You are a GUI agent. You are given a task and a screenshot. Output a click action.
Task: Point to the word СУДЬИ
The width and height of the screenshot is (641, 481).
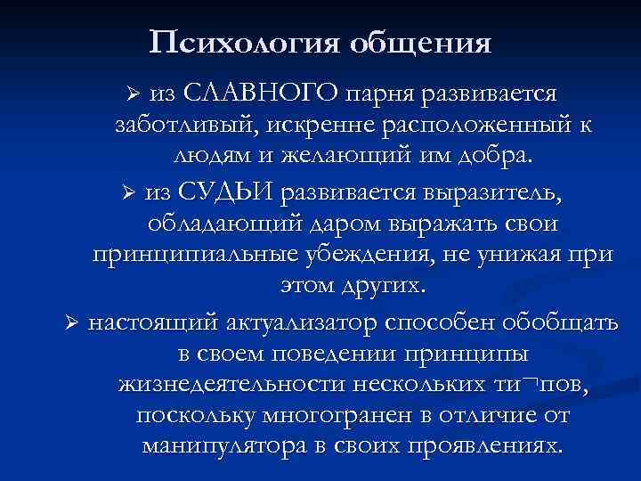pos(229,191)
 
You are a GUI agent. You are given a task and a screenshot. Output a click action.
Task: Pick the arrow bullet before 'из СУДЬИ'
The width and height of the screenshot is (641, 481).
pos(127,192)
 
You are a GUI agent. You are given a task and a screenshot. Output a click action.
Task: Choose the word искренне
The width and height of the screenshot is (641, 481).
pos(304,125)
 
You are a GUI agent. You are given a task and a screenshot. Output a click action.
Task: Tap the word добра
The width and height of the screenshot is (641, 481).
pos(494,158)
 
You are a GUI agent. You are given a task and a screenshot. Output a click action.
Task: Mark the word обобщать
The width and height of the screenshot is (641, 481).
pos(567,322)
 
